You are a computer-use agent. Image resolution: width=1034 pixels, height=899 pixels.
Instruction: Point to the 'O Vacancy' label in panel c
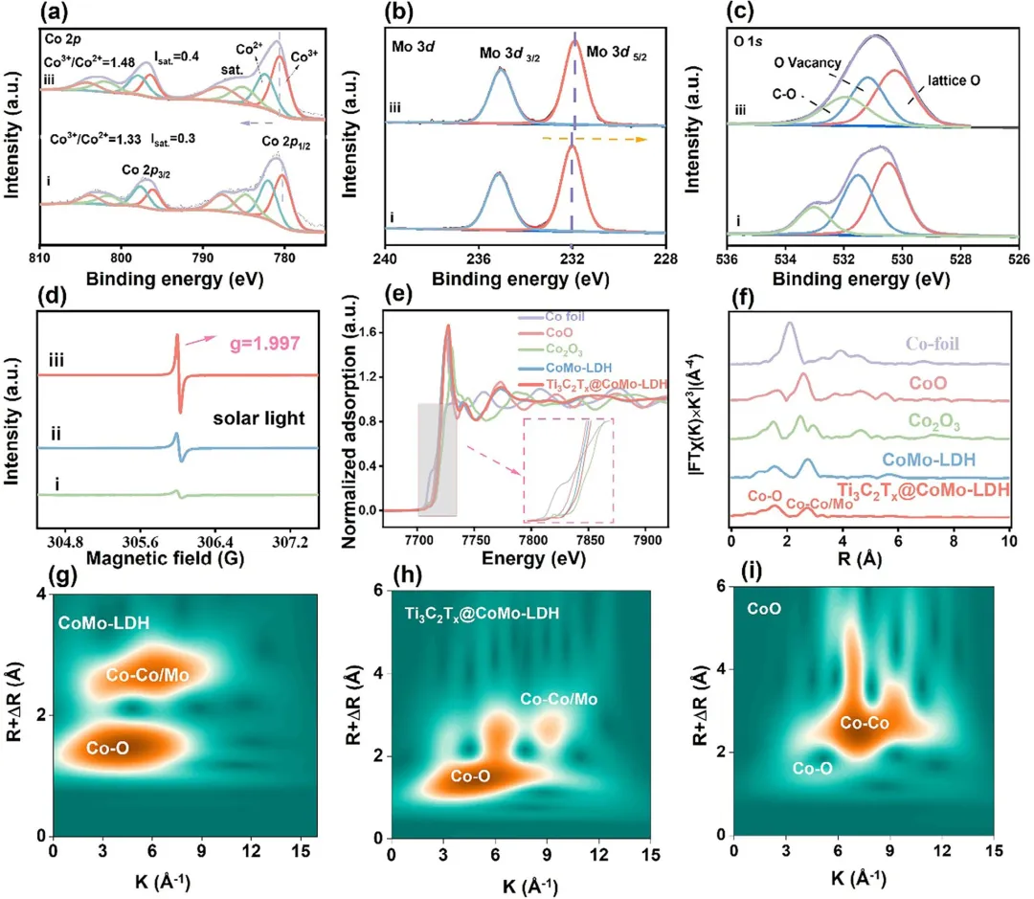click(808, 63)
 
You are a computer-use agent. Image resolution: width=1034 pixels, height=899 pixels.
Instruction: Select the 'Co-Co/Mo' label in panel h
click(559, 700)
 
